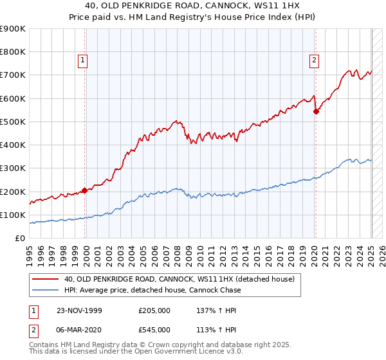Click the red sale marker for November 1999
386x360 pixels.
pyautogui.click(x=85, y=190)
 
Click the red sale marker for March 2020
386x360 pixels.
pyautogui.click(x=316, y=111)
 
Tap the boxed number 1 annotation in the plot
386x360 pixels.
pyautogui.click(x=84, y=61)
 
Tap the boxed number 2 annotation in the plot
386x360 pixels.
pyautogui.click(x=314, y=61)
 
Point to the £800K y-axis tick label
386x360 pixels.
pyautogui.click(x=13, y=52)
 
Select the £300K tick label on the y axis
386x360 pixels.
pyautogui.click(x=13, y=168)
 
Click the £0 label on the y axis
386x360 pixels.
pyautogui.click(x=20, y=239)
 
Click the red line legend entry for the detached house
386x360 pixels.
pyautogui.click(x=179, y=279)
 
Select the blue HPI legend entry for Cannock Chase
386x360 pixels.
pyautogui.click(x=152, y=290)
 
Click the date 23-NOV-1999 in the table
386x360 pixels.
pyautogui.click(x=79, y=310)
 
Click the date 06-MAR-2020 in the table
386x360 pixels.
pyautogui.click(x=79, y=330)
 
